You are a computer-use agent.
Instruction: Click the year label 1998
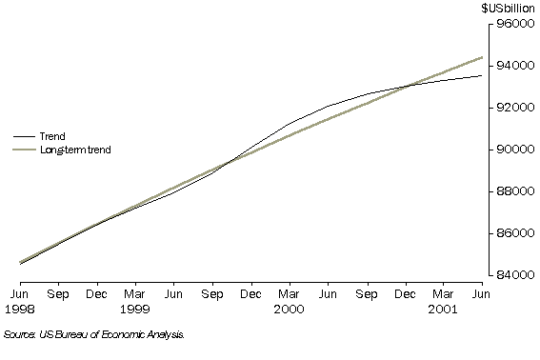20,309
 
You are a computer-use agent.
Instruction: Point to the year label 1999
135,309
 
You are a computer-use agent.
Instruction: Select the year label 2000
290,309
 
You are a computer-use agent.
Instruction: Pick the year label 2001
443,309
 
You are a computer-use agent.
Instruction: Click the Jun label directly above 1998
20,295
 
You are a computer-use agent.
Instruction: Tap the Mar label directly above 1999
135,295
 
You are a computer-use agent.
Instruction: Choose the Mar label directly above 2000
290,295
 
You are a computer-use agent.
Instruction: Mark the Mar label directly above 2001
443,295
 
